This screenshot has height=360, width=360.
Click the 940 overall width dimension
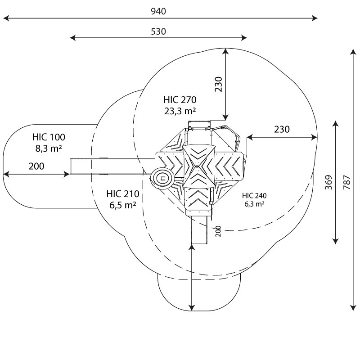click(158, 11)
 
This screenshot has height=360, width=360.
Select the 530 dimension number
click(158, 31)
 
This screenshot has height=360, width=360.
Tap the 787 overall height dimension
click(347, 182)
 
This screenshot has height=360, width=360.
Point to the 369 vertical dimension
click(328, 182)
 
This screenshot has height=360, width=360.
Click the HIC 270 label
click(180, 100)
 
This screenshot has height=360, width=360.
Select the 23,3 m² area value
click(180, 111)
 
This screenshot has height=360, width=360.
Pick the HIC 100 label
click(49, 137)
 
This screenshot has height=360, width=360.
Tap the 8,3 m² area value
click(49, 148)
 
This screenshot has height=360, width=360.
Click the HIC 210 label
click(123, 194)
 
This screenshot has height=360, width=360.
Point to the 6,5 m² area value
click(123, 205)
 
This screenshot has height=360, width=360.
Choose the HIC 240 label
click(254, 196)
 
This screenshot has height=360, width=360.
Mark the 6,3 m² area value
click(254, 204)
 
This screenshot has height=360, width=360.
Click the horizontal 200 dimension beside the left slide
click(36, 166)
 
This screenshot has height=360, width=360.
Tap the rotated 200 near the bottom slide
click(218, 231)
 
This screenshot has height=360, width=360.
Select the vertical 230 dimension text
click(219, 84)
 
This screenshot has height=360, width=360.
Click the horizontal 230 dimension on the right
click(282, 130)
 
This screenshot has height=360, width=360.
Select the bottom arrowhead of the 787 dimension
click(353, 308)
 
